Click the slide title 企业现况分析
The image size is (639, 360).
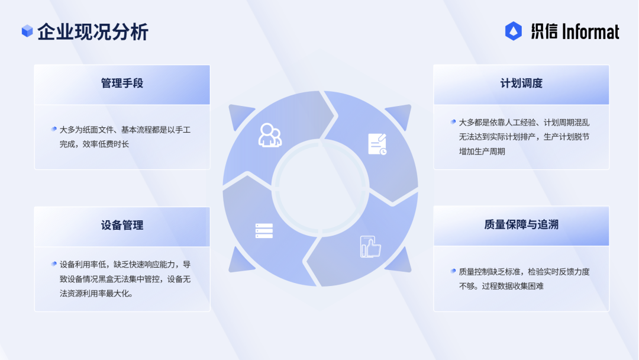pos(93,32)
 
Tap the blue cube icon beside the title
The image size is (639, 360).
pos(27,31)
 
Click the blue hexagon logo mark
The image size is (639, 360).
pos(514,31)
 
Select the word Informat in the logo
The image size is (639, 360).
pos(590,32)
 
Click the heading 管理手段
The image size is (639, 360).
pos(122,83)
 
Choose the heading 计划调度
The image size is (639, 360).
pos(521,83)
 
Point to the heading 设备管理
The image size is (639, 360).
pos(122,225)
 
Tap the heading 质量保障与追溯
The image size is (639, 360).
pos(521,224)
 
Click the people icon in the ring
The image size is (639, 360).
pos(270,135)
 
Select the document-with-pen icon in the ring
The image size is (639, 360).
pos(377,144)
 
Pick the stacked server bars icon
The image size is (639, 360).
pos(264,231)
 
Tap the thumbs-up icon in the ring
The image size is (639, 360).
pos(370,247)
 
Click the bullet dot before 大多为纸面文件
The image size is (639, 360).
pos(54,129)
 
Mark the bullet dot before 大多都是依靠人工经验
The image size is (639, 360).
pos(453,122)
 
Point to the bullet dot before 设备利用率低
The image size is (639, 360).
pos(54,264)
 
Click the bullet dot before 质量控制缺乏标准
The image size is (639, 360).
pos(453,271)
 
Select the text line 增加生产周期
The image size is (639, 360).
pos(482,152)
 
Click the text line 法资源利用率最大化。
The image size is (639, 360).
pos(96,294)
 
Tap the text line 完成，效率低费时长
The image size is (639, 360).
pos(94,144)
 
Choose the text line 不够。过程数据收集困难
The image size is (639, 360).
pos(501,286)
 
